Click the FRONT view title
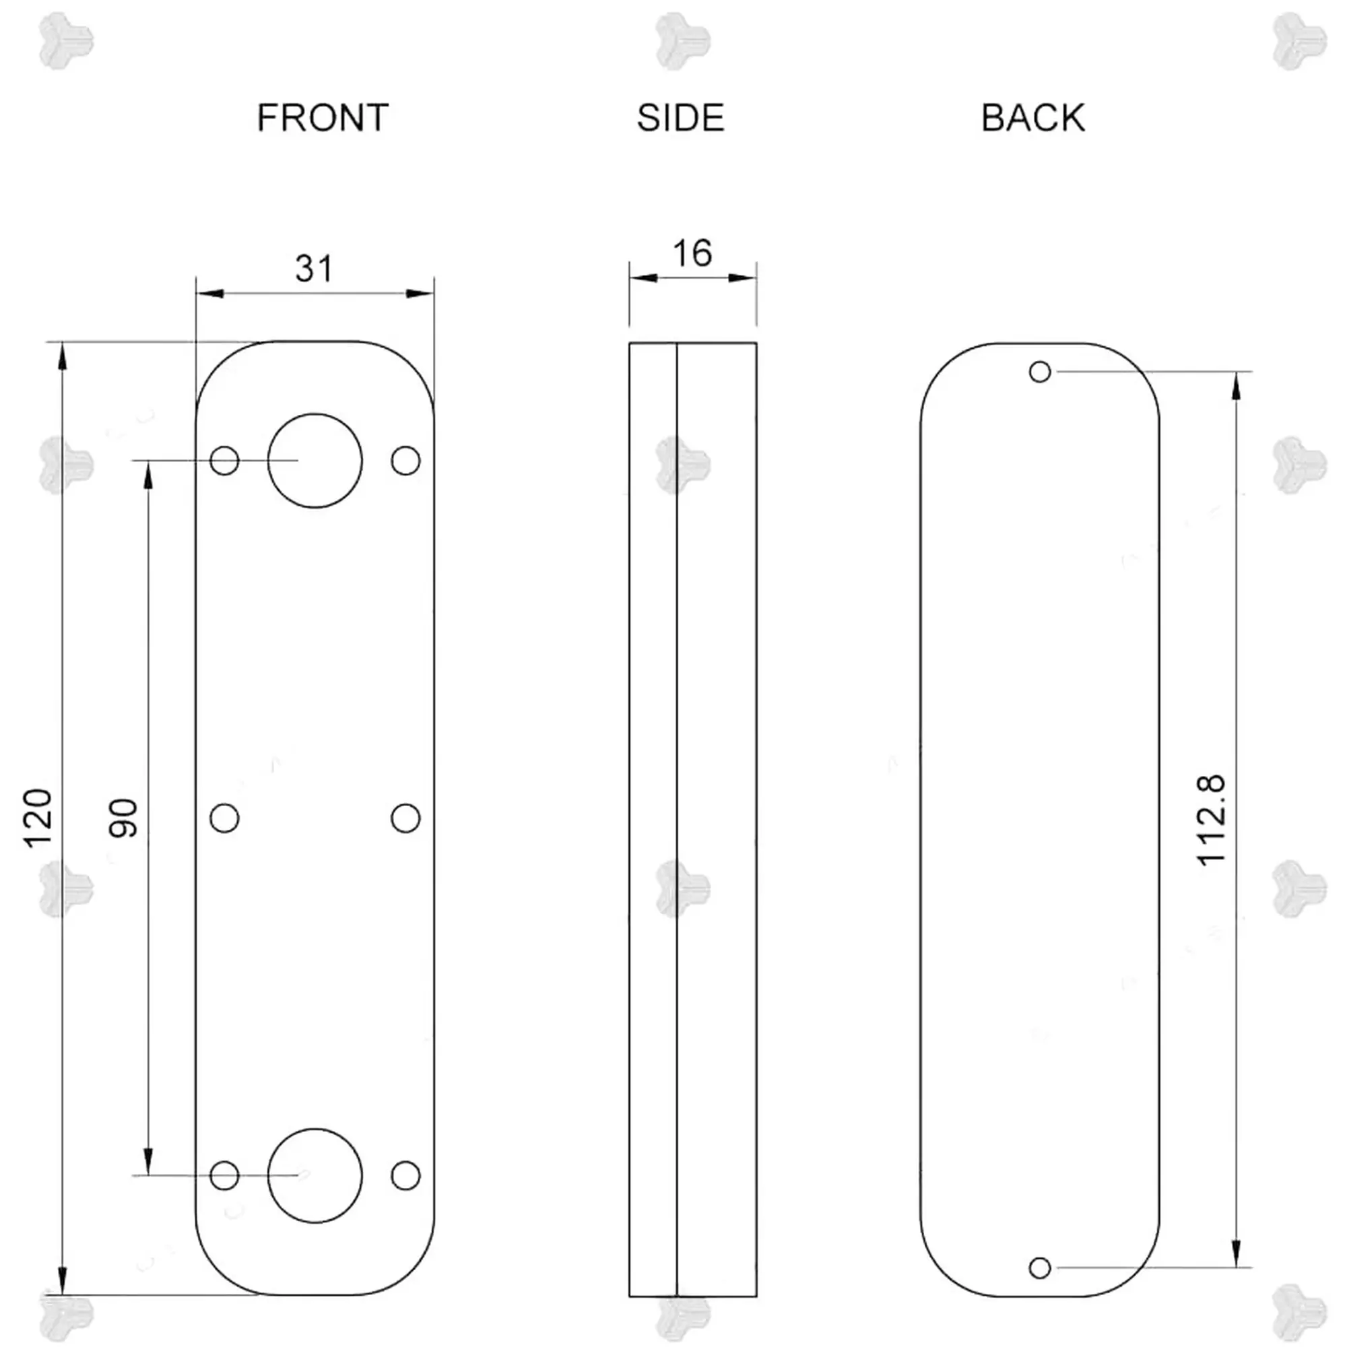pos(322,118)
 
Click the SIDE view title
pos(680,118)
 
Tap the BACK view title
pos(1032,118)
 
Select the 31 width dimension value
pos(315,269)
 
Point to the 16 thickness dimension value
pos(692,253)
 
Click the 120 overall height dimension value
pos(38,818)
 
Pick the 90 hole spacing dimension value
pos(123,818)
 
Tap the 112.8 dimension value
pos(1211,820)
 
